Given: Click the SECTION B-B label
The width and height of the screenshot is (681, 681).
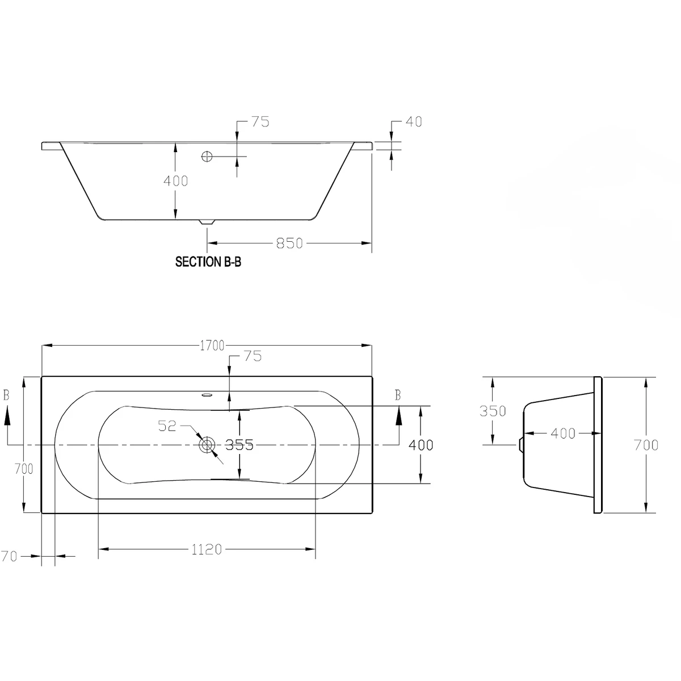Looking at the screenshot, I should click(208, 262).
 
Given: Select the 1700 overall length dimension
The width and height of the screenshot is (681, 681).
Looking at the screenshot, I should click(212, 346).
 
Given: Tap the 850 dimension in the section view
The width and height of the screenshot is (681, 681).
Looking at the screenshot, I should click(289, 243).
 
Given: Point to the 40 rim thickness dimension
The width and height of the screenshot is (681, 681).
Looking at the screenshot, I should click(414, 121).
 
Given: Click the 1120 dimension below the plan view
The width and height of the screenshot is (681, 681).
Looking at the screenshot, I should click(207, 549).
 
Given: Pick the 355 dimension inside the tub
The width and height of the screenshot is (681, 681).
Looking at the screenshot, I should click(239, 445).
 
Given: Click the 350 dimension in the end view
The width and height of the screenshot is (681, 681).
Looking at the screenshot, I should click(493, 410).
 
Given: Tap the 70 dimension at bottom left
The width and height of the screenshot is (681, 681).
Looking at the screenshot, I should click(9, 557).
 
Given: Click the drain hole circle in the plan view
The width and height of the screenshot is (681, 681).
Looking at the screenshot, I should click(207, 445).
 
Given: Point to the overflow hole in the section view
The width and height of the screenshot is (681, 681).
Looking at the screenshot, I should click(207, 155).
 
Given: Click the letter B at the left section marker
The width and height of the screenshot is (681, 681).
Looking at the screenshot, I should click(6, 396).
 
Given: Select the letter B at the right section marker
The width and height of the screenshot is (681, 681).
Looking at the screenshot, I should click(398, 396).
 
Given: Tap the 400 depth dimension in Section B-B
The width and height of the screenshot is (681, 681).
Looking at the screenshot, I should click(175, 181).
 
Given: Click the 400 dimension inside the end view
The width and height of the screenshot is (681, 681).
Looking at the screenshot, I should click(563, 434).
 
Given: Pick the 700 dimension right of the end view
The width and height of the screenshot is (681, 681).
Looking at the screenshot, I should click(647, 445).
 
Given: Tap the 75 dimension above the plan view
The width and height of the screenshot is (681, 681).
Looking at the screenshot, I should click(252, 356).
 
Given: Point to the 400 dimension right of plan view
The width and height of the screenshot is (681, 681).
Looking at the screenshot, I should click(421, 445).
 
